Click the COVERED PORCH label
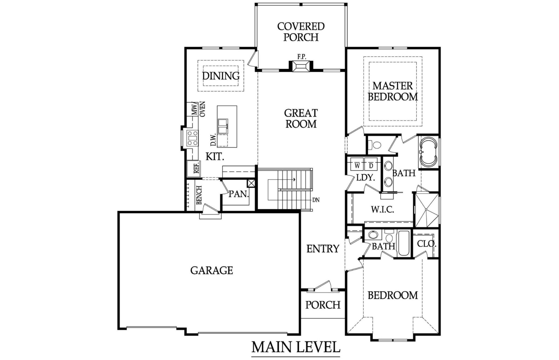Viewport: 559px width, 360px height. coord(301,32)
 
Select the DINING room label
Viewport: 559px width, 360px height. coord(221,76)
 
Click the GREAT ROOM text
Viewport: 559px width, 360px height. coord(301,118)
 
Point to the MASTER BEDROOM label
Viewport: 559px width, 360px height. coord(393,91)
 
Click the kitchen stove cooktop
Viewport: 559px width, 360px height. coord(192,138)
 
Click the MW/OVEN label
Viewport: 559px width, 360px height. coord(198,109)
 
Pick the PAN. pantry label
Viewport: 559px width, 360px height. coord(239,194)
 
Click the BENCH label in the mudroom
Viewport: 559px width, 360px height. coord(199,195)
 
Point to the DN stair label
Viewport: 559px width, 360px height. coord(316,200)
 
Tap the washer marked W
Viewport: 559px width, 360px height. coord(357,165)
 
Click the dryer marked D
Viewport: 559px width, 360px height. coord(371,165)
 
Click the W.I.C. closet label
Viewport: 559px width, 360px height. coord(382,210)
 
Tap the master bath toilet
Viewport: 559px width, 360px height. coord(376,145)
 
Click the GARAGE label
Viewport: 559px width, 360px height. coord(212,270)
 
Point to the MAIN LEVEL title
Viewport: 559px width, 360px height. coord(296,347)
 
